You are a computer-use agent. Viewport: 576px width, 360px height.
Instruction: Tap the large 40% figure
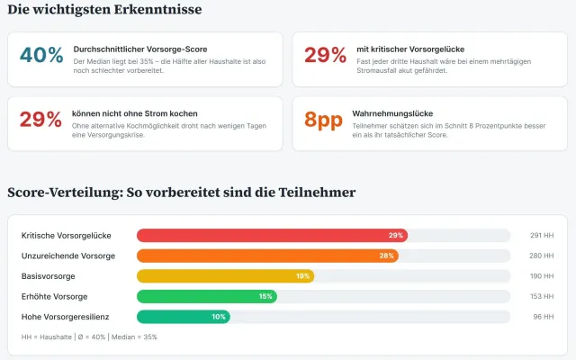click(41, 55)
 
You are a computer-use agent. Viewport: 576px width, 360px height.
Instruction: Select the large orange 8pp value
click(324, 120)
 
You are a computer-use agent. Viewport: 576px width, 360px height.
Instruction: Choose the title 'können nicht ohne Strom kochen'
click(135, 113)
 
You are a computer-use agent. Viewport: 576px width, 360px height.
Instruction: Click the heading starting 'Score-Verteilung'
click(181, 192)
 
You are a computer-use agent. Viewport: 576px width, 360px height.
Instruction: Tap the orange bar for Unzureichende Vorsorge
click(267, 256)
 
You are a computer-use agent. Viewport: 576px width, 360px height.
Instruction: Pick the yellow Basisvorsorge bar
click(225, 276)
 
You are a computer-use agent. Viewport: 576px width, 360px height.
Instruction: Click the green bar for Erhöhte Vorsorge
click(206, 296)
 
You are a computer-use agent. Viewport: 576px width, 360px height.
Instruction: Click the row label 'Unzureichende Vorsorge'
click(68, 256)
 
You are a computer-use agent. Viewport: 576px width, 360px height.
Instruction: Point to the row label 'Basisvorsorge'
click(47, 276)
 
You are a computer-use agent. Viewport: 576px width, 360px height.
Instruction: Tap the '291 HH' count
click(542, 235)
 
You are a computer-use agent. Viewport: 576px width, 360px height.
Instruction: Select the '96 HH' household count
click(544, 317)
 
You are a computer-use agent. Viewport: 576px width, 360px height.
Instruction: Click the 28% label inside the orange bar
click(387, 256)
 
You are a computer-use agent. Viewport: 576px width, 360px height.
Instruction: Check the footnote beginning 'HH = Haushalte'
click(89, 337)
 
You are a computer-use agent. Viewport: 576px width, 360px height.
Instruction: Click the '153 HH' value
click(542, 296)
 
